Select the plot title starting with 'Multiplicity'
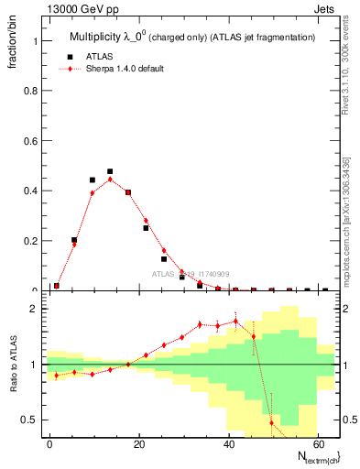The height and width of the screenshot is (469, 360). coord(192,38)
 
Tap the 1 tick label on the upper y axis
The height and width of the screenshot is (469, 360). coord(38,41)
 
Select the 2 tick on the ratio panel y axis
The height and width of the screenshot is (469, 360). coord(38,309)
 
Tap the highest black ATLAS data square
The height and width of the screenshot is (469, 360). coord(110,171)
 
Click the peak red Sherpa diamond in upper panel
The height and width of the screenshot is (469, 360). coord(110,180)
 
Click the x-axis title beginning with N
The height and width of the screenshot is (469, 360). coord(311,457)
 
